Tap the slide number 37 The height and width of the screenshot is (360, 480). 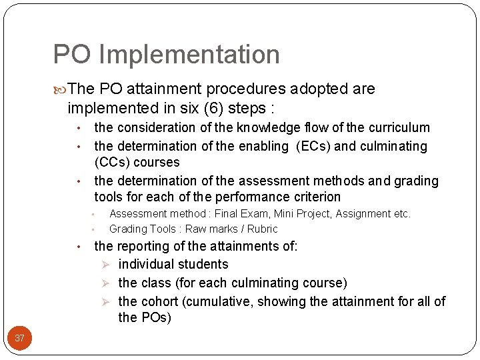[x=20, y=338]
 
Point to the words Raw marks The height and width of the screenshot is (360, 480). [x=207, y=229]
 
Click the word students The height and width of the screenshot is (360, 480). [x=200, y=264]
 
